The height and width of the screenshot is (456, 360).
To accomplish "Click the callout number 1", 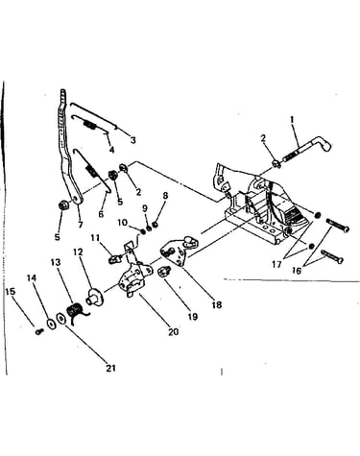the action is point(292,120).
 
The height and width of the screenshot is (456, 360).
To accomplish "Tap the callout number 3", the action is point(133,140).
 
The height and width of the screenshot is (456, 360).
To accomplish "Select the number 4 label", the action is point(111,150).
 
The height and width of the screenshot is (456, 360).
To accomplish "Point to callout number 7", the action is point(81,225).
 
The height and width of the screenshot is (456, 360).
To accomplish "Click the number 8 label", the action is point(165,196).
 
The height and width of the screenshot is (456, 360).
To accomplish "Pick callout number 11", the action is point(95,238).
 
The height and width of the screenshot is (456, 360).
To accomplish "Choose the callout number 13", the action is point(56,263).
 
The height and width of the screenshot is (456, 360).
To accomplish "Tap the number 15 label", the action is point(11,292).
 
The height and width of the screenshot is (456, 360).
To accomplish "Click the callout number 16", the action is point(297,271).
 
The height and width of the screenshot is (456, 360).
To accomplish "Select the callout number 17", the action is point(276,264).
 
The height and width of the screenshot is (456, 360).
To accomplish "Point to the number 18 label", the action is point(217,304).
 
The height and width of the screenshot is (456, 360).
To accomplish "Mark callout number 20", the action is point(173,332).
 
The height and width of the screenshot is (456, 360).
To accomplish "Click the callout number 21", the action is point(110,369).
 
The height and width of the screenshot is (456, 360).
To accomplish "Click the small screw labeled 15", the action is point(39,331).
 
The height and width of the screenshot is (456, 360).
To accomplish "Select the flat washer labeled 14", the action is point(50,324).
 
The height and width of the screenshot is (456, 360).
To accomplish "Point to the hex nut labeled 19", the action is point(163,273).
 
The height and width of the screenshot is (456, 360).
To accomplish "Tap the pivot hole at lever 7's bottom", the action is point(76,200).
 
